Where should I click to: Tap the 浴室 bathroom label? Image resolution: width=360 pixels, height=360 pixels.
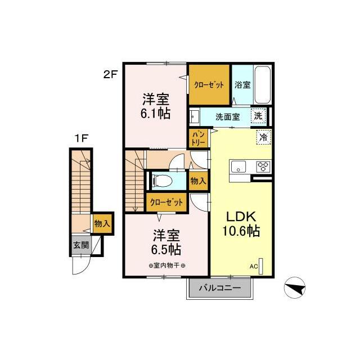(242, 84)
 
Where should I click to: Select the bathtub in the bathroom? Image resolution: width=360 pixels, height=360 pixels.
(263, 84)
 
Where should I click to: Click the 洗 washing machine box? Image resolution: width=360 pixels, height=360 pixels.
(258, 116)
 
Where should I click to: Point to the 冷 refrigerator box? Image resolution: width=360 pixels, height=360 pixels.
(263, 136)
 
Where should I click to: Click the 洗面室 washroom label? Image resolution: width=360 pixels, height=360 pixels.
(228, 117)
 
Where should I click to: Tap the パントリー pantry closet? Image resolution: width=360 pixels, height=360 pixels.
(199, 138)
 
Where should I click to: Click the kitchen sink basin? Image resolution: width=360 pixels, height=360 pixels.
(237, 166)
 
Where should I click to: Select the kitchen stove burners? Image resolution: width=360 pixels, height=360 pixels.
(263, 166)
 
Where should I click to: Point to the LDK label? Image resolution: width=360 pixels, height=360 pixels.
(241, 217)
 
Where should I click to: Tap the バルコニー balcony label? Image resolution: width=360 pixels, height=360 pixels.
(220, 288)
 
